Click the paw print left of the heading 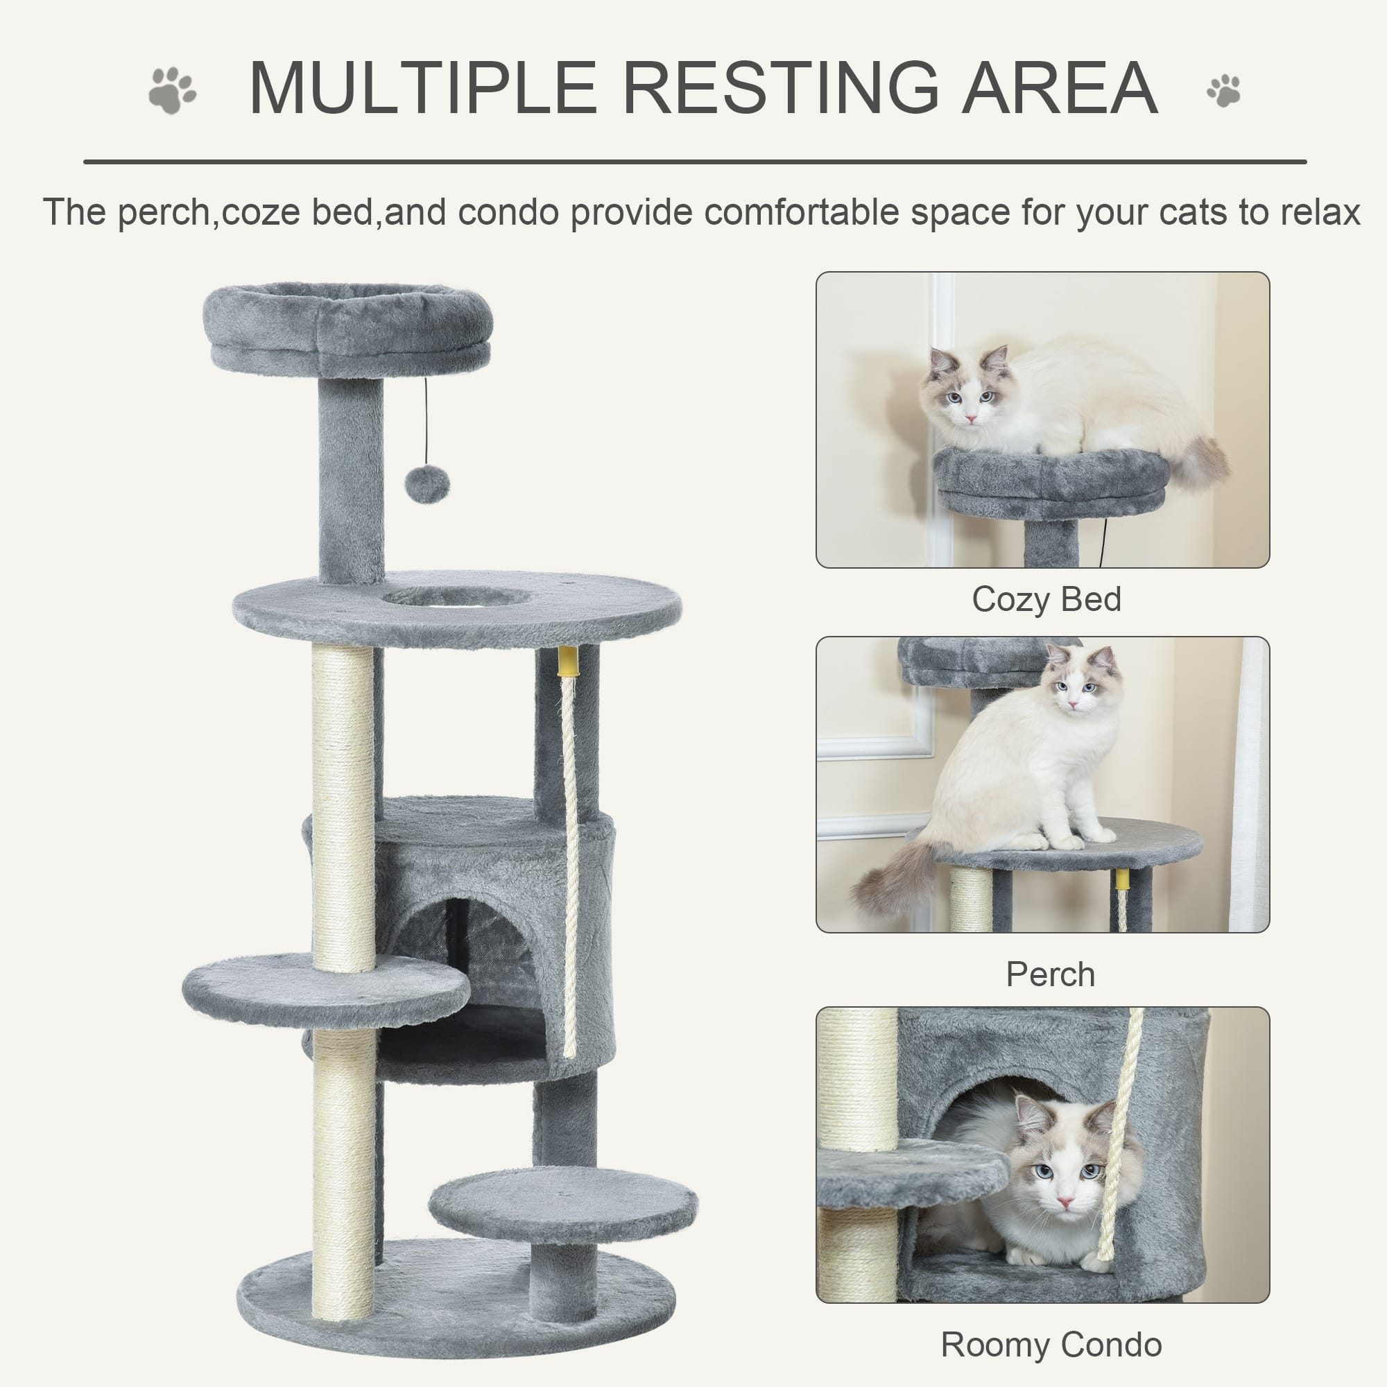coord(172,90)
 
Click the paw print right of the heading coord(1224,90)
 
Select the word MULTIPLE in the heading coord(423,88)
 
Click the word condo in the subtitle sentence coord(508,212)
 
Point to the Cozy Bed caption coord(1046,599)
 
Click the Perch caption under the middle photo coord(1050,975)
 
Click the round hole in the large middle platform coord(456,596)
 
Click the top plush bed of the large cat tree coord(347,323)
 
